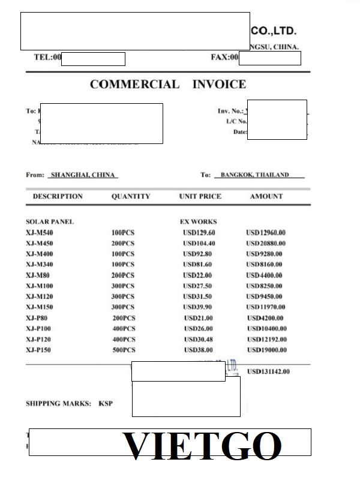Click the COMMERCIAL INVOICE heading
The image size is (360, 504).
167,85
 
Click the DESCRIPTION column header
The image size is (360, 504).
58,196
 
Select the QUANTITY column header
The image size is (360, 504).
131,196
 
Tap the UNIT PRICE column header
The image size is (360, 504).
200,196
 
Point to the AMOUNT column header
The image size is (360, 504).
266,196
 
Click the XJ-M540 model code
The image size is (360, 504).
40,232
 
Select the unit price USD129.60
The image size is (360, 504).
199,232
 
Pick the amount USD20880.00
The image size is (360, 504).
266,243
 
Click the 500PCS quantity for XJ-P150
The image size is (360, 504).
124,350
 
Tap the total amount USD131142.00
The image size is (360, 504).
268,371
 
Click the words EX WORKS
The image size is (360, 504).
198,221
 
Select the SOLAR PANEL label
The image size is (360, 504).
50,221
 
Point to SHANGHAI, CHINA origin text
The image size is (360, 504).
83,175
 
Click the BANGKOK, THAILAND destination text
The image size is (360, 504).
254,175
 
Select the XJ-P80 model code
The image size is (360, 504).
38,317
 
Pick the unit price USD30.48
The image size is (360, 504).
198,339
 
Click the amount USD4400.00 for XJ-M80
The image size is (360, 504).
266,275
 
